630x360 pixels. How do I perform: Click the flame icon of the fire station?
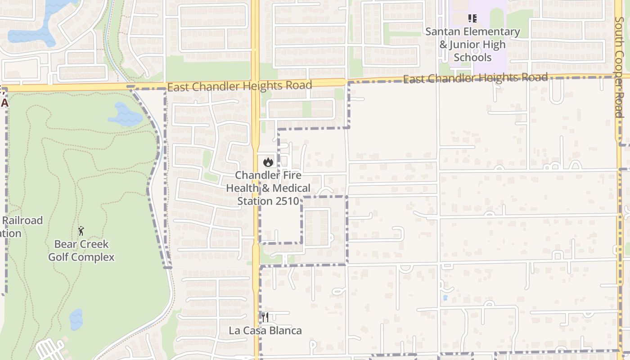(268, 162)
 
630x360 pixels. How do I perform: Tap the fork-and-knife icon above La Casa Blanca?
(265, 317)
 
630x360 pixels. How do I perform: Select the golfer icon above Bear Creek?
(81, 231)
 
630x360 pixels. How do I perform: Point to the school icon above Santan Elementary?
(472, 18)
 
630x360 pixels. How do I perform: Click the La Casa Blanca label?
(265, 331)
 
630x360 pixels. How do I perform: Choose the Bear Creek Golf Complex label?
(81, 251)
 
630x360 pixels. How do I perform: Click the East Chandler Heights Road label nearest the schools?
(475, 78)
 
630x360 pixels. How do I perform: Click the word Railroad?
(22, 220)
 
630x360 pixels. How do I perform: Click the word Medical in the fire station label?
(290, 188)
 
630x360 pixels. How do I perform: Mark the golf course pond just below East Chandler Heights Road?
(126, 115)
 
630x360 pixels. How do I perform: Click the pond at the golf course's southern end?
(76, 319)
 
